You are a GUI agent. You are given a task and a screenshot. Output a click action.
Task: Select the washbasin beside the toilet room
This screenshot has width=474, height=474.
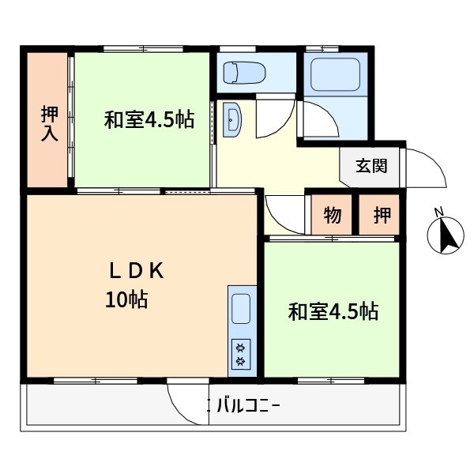[234, 120]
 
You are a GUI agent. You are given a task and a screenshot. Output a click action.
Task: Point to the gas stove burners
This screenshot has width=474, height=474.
[240, 352]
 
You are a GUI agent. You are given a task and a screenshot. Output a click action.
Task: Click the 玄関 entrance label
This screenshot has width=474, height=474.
[371, 166]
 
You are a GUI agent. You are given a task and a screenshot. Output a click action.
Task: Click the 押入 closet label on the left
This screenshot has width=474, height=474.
[49, 123]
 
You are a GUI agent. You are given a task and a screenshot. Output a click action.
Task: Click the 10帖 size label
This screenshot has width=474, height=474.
[126, 300]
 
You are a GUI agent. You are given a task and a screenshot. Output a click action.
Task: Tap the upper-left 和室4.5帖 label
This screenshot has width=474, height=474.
[149, 121]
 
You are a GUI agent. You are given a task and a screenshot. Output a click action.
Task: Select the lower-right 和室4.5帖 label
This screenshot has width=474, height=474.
[333, 311]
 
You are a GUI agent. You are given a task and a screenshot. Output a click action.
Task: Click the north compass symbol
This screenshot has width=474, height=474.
[445, 236]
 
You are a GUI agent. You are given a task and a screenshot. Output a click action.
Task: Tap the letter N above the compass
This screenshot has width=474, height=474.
[440, 211]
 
